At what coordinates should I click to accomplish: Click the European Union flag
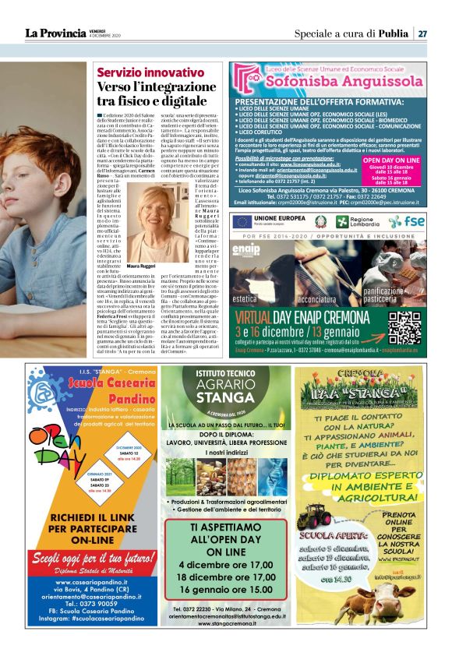pyautogui.click(x=243, y=220)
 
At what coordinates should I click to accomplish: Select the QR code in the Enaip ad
pyautogui.click(x=404, y=327)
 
